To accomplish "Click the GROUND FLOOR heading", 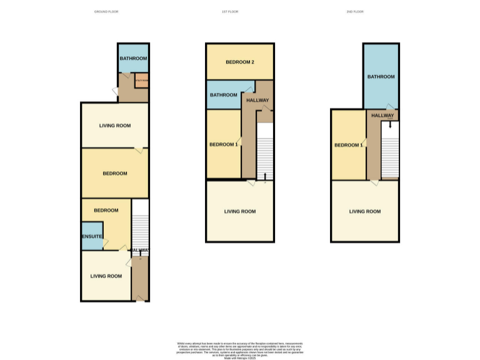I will coord(106,12).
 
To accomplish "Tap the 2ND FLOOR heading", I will coord(354,12).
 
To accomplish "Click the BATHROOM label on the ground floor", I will coord(133,59).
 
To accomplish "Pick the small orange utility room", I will coord(141,81).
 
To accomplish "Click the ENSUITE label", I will coord(92,237).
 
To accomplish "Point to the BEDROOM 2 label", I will coord(240,62).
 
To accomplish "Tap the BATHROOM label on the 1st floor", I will coord(223,95).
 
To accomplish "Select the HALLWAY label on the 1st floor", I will coord(257,100).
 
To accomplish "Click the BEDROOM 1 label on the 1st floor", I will coord(223,144).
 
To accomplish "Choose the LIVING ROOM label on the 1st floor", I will coord(240,211).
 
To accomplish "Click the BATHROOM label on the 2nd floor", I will coord(381,76).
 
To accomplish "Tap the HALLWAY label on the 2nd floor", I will coord(382,116).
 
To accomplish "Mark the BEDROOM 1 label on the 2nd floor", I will coord(348,145).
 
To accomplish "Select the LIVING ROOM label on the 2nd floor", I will coord(365,211).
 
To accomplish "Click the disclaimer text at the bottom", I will coord(240,350).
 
